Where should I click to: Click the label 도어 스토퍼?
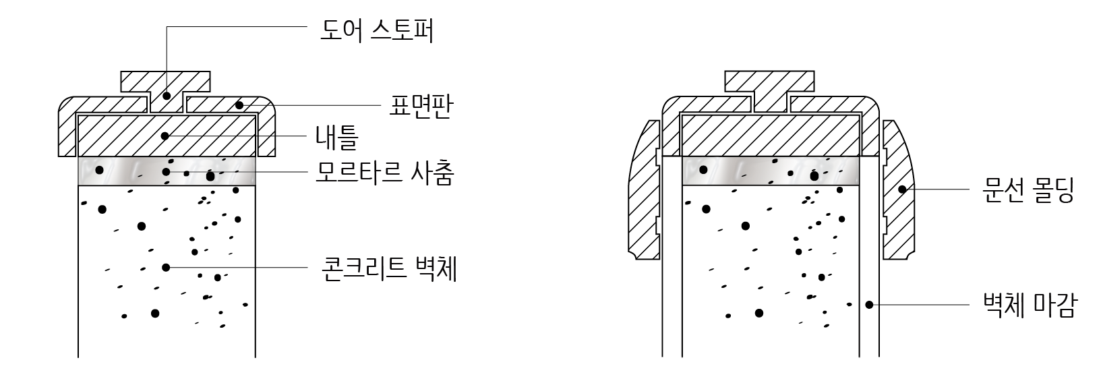(x=376, y=30)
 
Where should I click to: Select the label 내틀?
(x=336, y=137)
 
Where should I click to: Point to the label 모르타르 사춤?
(x=385, y=174)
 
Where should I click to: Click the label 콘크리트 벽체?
(x=389, y=268)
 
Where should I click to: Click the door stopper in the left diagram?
(x=166, y=84)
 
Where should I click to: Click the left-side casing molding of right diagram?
(x=643, y=196)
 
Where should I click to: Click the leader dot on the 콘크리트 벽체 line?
(x=166, y=268)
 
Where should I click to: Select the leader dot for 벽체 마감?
(x=870, y=305)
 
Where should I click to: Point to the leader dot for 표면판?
(x=239, y=105)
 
